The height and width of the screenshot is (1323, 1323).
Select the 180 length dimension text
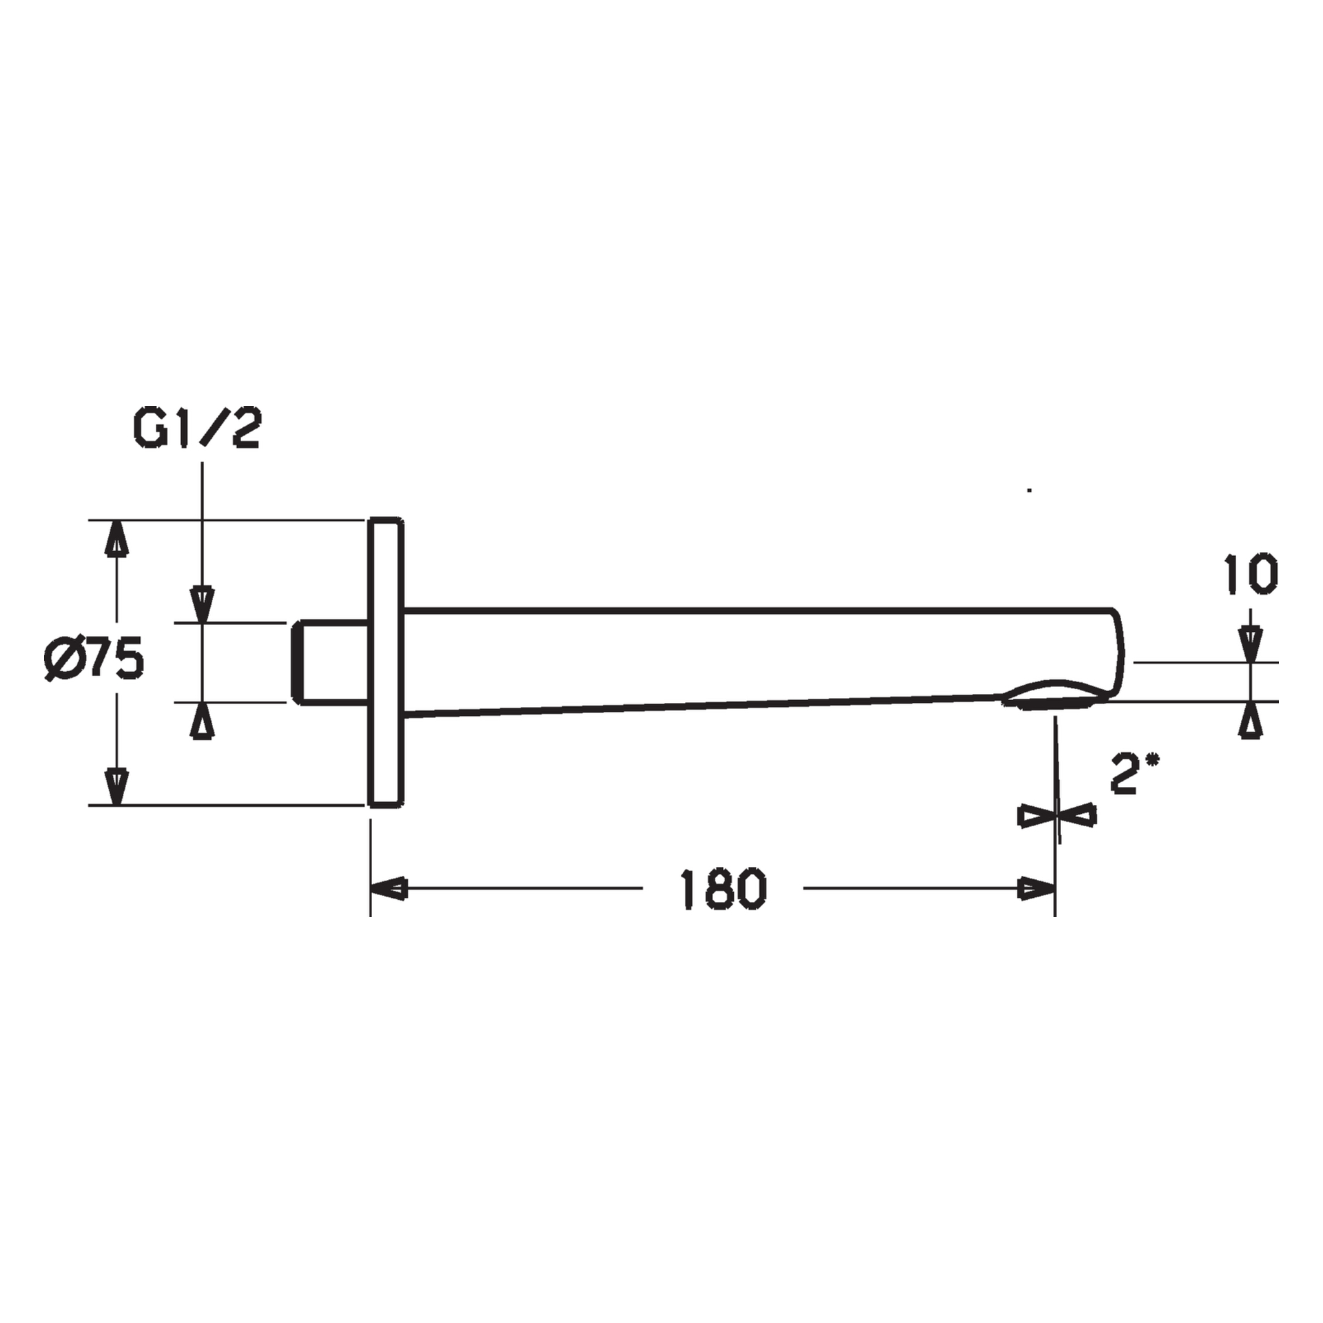[x=723, y=890]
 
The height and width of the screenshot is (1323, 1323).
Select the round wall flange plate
[x=385, y=662]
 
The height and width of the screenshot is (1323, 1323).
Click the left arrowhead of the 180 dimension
[x=389, y=889]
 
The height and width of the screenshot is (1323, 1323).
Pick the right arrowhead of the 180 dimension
[x=1036, y=889]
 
